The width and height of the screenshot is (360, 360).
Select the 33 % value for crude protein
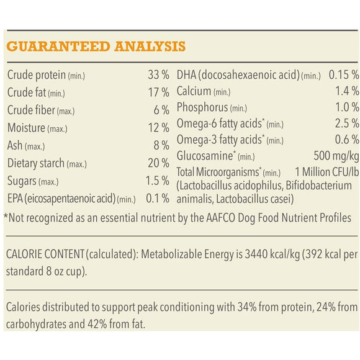click(x=158, y=76)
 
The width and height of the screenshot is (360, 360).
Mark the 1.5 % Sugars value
click(x=157, y=181)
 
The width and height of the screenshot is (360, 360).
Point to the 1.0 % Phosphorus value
click(x=347, y=107)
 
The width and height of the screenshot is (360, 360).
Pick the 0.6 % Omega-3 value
click(x=347, y=139)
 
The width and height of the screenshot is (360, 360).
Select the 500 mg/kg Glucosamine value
click(x=337, y=155)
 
